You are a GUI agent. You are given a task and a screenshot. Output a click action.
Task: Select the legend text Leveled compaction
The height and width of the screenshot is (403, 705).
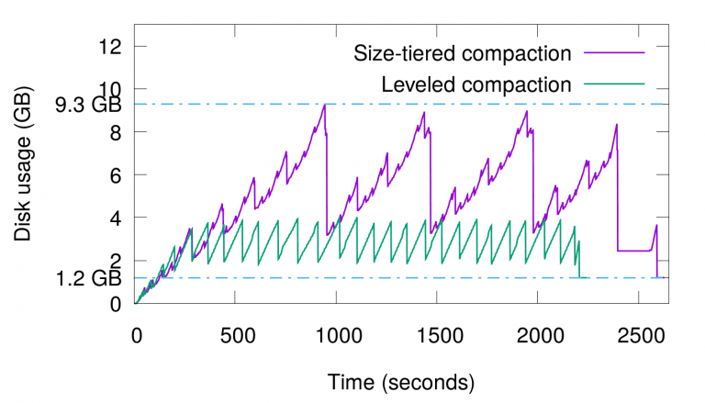pos(476,85)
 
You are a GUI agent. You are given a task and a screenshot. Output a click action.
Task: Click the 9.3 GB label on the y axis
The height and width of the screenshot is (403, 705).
pos(88,105)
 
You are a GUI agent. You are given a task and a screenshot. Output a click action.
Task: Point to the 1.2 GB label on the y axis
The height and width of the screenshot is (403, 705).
pos(88,278)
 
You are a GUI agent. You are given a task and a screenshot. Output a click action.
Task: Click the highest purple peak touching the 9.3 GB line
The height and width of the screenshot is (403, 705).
pos(325,105)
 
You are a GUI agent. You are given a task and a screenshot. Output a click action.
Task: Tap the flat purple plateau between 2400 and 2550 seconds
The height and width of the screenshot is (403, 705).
pos(633,251)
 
